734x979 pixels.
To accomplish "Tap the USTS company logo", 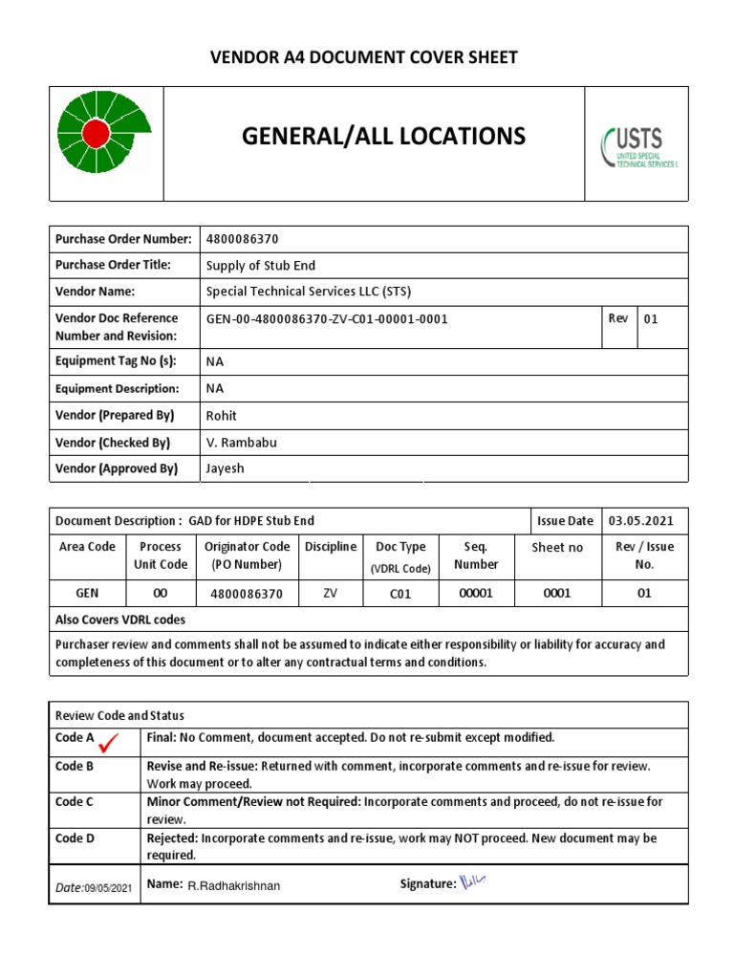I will pyautogui.click(x=637, y=146).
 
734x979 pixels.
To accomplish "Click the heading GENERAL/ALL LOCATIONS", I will pyautogui.click(x=383, y=137).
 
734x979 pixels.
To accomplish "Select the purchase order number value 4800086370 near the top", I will pyautogui.click(x=243, y=239).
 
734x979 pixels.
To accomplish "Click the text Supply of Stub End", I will pyautogui.click(x=260, y=266).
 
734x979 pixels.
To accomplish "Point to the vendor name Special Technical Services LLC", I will pyautogui.click(x=308, y=292).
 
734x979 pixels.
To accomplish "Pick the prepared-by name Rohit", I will pyautogui.click(x=222, y=416).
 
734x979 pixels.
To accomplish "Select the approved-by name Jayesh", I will pyautogui.click(x=226, y=468).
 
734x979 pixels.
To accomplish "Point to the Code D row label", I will pyautogui.click(x=75, y=838).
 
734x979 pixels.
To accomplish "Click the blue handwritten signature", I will pyautogui.click(x=473, y=882).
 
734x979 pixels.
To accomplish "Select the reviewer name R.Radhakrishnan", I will pyautogui.click(x=234, y=886).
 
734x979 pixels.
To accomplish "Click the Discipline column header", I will pyautogui.click(x=331, y=547).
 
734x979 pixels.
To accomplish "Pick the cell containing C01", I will pyautogui.click(x=399, y=594).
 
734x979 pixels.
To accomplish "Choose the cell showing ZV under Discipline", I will pyautogui.click(x=331, y=594).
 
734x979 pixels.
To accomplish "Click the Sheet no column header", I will pyautogui.click(x=557, y=548).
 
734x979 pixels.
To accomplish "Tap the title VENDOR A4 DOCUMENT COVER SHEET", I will pyautogui.click(x=364, y=57).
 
